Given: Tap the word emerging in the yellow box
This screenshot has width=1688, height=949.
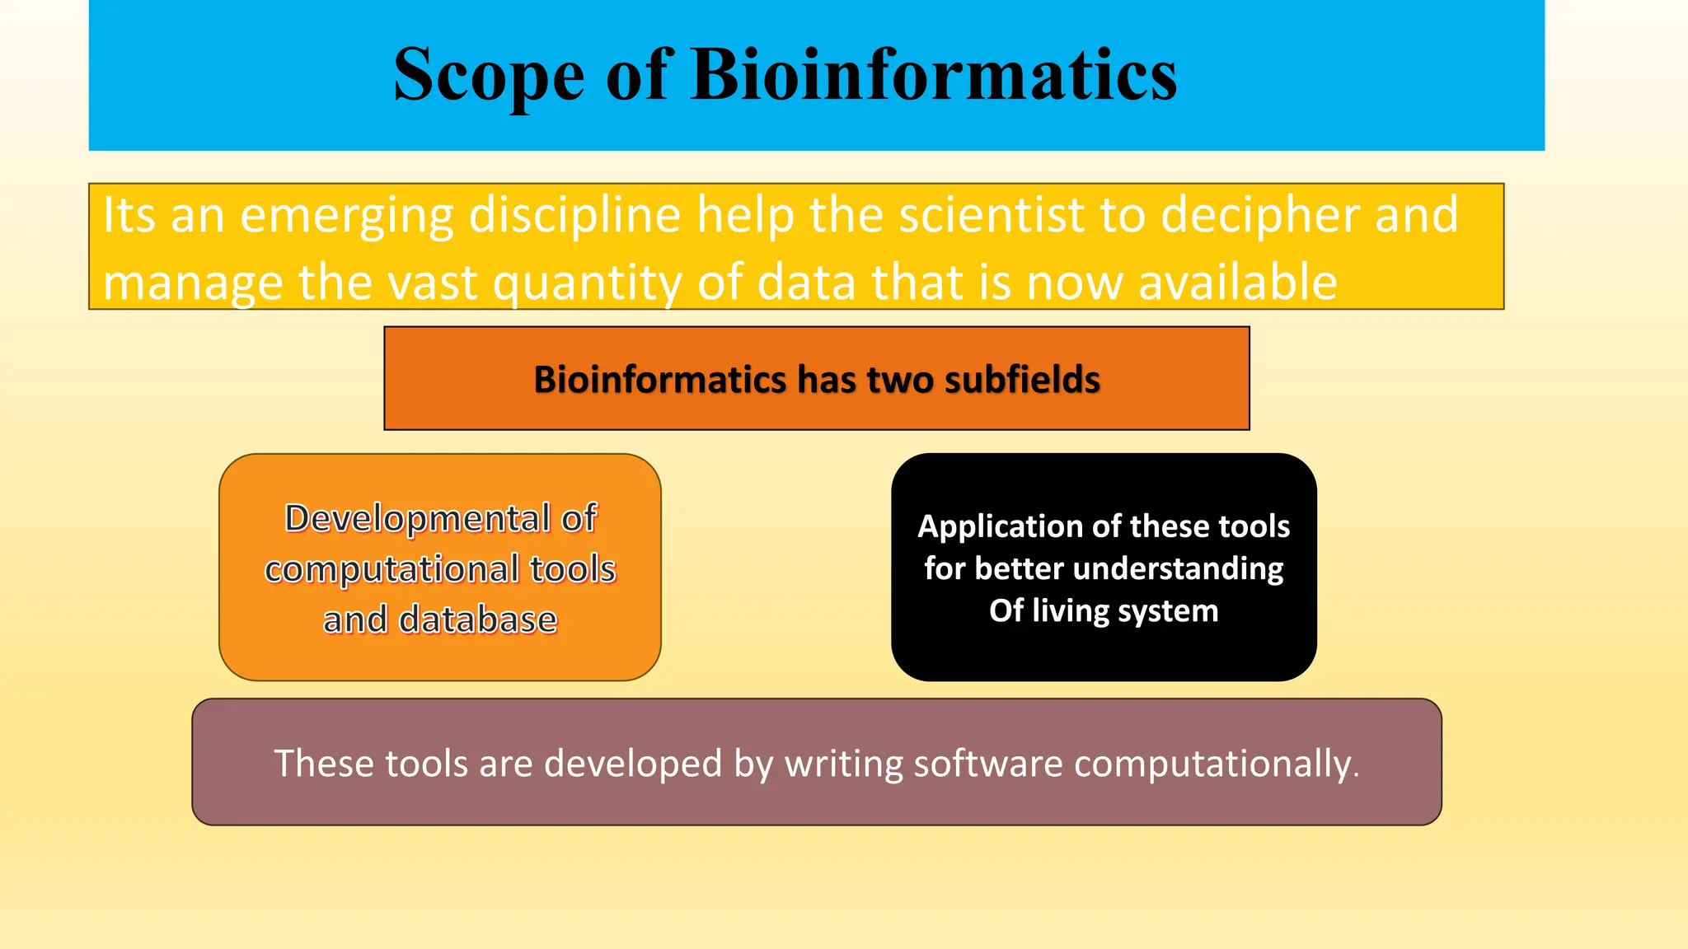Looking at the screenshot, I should [x=346, y=216].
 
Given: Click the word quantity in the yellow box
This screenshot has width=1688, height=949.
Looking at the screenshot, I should [x=587, y=283].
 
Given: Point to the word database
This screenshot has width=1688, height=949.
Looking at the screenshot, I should [x=477, y=620].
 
